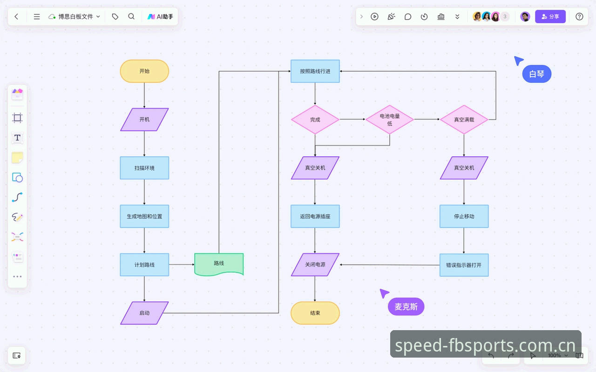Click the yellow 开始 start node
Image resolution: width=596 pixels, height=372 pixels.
pyautogui.click(x=144, y=71)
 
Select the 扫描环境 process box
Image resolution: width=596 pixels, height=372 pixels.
pyautogui.click(x=144, y=168)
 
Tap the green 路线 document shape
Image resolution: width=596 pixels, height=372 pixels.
pyautogui.click(x=219, y=264)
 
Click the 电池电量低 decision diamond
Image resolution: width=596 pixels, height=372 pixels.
pyautogui.click(x=390, y=120)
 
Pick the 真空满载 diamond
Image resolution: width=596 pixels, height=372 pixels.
pyautogui.click(x=464, y=120)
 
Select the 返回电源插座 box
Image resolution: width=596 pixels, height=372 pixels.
pyautogui.click(x=315, y=216)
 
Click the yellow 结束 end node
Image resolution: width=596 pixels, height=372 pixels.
pyautogui.click(x=315, y=313)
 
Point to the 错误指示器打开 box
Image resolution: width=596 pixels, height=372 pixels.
pyautogui.click(x=464, y=265)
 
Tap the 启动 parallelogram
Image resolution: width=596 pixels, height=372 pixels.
pyautogui.click(x=144, y=313)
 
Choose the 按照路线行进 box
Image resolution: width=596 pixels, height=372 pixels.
pyautogui.click(x=315, y=71)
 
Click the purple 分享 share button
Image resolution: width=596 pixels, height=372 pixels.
pyautogui.click(x=550, y=16)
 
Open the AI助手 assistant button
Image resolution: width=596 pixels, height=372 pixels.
pyautogui.click(x=161, y=16)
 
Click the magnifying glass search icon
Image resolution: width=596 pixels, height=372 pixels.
pyautogui.click(x=131, y=16)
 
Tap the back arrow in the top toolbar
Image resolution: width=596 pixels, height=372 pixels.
pyautogui.click(x=16, y=16)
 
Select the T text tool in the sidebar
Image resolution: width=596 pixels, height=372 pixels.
pyautogui.click(x=17, y=138)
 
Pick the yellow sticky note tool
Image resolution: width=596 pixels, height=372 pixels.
pyautogui.click(x=17, y=158)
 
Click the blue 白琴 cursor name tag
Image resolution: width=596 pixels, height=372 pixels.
pyautogui.click(x=537, y=74)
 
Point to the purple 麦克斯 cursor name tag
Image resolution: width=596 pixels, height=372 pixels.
pyautogui.click(x=406, y=306)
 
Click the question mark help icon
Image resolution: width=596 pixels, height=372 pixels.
pyautogui.click(x=579, y=16)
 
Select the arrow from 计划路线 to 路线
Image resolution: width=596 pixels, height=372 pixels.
pyautogui.click(x=182, y=265)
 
